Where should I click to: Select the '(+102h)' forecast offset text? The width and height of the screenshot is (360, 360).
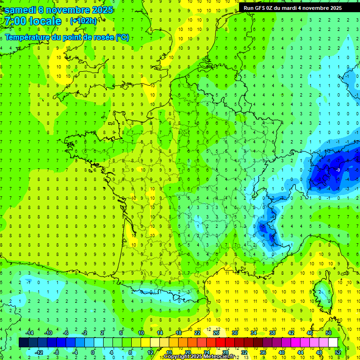click(83, 21)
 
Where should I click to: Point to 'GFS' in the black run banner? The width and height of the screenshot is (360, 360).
click(263, 8)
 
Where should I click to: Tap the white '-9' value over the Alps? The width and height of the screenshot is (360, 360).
click(338, 170)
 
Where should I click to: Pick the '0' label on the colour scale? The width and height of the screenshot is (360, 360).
click(93, 352)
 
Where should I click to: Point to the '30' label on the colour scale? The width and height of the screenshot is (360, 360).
click(234, 332)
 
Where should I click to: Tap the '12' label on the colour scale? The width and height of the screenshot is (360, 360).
click(150, 352)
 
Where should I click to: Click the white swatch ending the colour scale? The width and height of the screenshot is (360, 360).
click(333, 342)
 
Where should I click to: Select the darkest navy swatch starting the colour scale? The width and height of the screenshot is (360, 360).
click(23, 342)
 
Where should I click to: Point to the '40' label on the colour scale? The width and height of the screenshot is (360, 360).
click(282, 352)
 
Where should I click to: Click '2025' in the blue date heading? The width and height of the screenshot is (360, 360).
click(98, 10)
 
